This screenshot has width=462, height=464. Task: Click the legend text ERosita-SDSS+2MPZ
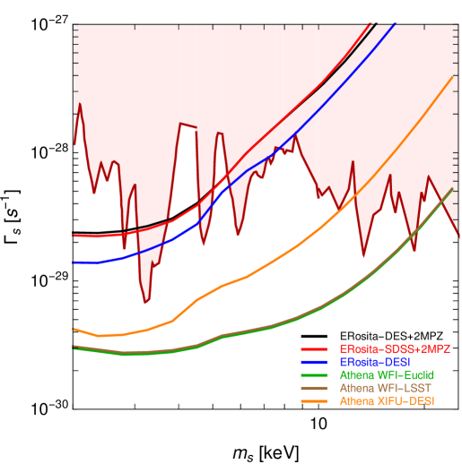pos(394,348)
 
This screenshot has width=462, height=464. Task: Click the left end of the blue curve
pos(74,262)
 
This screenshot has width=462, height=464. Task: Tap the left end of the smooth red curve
pos(74,236)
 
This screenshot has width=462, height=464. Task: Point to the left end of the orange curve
pos(74,329)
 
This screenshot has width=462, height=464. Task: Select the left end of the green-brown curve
pos(74,347)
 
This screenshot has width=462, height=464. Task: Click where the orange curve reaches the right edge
pos(452,78)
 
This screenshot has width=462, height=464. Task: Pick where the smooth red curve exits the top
pos(370,25)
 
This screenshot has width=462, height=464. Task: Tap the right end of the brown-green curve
pos(452,189)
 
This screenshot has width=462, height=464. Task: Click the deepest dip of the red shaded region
pos(146,303)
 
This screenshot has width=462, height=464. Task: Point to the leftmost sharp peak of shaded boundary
pos(80,104)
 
